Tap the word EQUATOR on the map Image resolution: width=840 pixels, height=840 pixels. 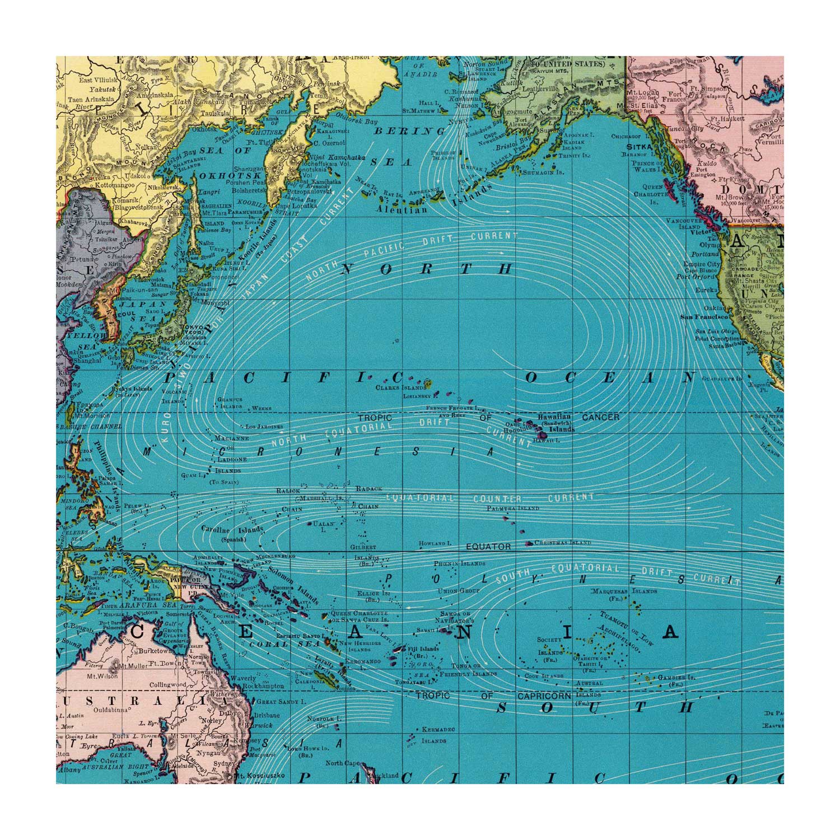488,547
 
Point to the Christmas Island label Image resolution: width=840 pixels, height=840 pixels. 563,543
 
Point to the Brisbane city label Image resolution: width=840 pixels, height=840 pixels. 266,715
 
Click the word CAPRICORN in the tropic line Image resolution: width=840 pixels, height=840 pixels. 544,696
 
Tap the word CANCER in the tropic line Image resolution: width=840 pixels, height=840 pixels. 601,417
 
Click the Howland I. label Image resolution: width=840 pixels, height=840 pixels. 435,544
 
